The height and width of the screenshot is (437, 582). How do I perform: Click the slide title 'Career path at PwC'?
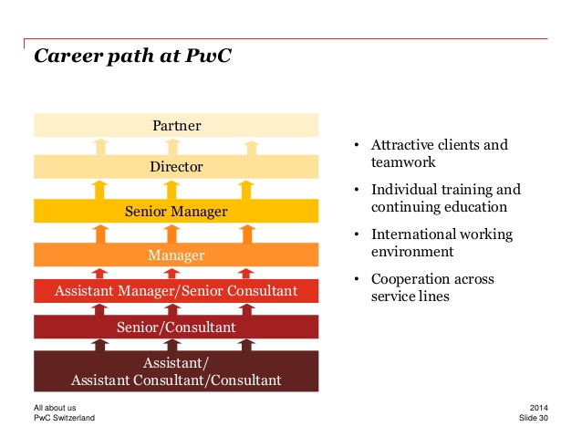pos(132,56)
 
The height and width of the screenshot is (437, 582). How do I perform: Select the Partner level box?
pos(176,125)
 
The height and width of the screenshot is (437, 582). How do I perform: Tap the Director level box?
pos(176,167)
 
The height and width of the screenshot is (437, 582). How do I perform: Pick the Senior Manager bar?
pos(176,211)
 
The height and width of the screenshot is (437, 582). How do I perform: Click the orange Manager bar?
pos(176,255)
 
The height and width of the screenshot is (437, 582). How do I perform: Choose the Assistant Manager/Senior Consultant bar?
pos(176,291)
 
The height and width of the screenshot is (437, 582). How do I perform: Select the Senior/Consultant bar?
pos(176,327)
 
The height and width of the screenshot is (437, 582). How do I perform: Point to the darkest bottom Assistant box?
pos(176,371)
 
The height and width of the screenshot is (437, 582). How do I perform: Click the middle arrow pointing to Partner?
pos(172,147)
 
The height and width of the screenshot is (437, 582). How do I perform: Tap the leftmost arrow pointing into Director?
pos(99,190)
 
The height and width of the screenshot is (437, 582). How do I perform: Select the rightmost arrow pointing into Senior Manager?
pos(247,234)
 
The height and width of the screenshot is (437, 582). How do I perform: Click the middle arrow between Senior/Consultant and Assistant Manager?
pos(172,309)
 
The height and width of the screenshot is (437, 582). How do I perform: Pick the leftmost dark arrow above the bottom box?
pos(99,345)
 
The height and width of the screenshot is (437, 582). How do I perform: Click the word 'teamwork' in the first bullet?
pos(403,162)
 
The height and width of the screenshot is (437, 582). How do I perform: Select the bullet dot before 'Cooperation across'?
pos(357,279)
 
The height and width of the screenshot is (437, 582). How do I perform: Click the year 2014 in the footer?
pos(538,408)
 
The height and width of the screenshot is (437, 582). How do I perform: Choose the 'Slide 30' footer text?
pos(534,418)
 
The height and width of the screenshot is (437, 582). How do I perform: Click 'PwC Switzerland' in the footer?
pos(64,418)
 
